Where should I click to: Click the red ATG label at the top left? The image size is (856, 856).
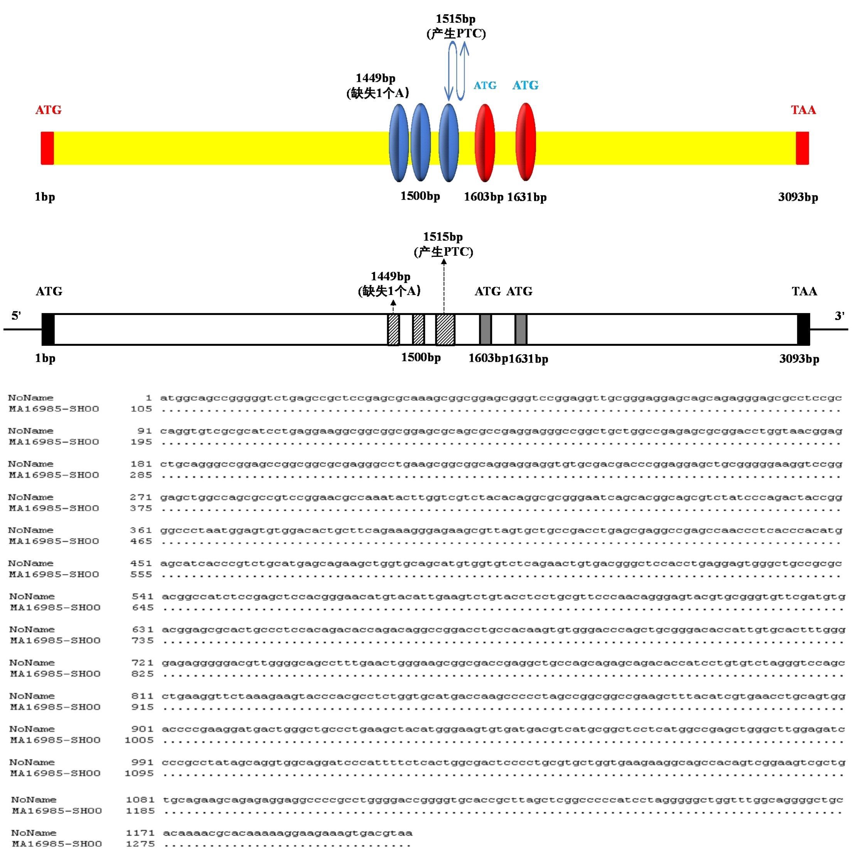(49, 110)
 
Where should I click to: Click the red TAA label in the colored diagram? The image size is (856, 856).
(803, 110)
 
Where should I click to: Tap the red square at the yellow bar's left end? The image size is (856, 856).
(47, 148)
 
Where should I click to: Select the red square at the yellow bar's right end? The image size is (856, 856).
(802, 148)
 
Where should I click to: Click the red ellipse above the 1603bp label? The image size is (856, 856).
(485, 143)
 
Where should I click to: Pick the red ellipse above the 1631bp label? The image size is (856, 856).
(526, 142)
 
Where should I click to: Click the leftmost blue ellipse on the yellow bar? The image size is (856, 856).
(399, 143)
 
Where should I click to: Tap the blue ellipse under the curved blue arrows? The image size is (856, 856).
(448, 143)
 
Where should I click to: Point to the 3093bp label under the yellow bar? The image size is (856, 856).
(798, 197)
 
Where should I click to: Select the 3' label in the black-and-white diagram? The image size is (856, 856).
(839, 316)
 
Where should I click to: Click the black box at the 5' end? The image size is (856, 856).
(48, 330)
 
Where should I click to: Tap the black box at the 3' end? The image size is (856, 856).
(803, 330)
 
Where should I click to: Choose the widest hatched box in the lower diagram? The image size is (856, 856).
(445, 330)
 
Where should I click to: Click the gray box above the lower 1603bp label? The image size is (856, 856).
(485, 330)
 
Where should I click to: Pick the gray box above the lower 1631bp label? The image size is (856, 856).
(521, 330)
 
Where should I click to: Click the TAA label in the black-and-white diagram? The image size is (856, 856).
(805, 291)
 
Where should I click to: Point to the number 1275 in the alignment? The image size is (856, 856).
(140, 844)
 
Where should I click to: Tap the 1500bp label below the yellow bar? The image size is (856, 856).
(420, 196)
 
